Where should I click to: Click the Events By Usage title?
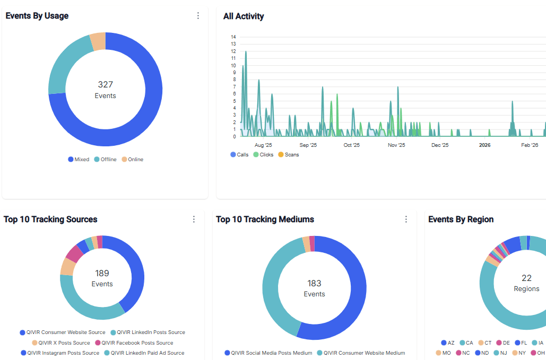pos(37,16)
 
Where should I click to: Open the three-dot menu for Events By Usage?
pos(198,16)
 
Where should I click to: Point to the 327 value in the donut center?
pos(105,84)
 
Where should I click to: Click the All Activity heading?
pos(244,16)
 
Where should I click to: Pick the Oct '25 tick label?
pos(351,145)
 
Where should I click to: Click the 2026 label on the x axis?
pos(484,145)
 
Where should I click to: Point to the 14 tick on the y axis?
pos(233,37)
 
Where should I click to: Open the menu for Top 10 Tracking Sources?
pos(194,219)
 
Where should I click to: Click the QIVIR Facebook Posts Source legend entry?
pos(137,343)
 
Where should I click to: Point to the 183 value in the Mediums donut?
pos(314,284)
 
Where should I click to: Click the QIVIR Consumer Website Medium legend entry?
pos(364,353)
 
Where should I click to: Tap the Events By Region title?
pos(461,219)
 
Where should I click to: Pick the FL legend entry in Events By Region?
pos(524,343)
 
